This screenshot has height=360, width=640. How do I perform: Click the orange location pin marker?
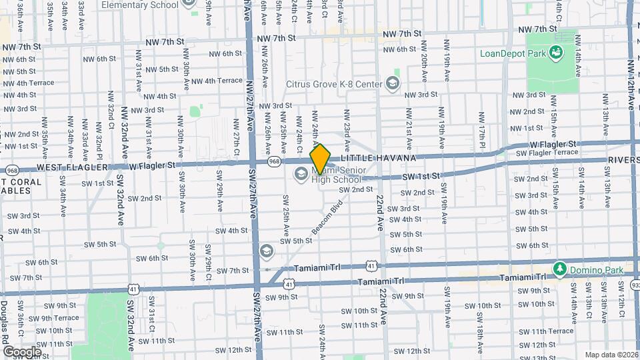(x=321, y=159)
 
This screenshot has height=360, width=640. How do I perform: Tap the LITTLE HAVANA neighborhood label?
(x=378, y=158)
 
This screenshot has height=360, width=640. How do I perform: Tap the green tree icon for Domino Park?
(x=561, y=269)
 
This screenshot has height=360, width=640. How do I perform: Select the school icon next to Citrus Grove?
(x=393, y=83)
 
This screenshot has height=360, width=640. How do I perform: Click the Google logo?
(x=21, y=351)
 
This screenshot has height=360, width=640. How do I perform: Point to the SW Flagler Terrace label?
(x=547, y=153)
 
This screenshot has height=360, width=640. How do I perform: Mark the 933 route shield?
(x=635, y=285)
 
